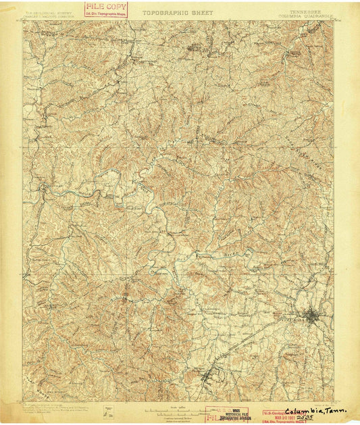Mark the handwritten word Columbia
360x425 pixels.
[x=305, y=411]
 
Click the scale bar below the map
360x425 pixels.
[x=179, y=409]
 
